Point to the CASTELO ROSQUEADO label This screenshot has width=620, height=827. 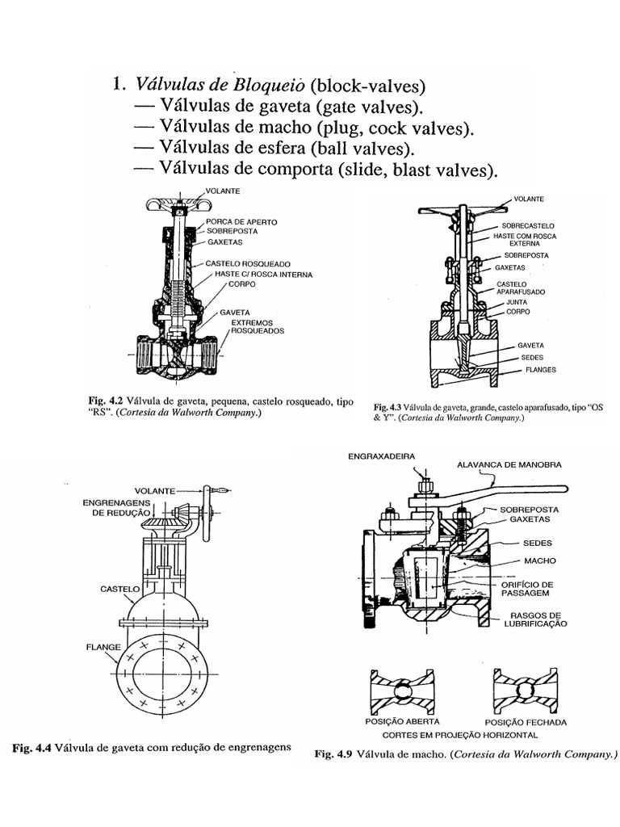click(x=247, y=263)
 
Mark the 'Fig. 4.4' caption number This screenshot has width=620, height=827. click(x=31, y=747)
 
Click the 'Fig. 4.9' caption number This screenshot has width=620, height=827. click(x=332, y=756)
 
